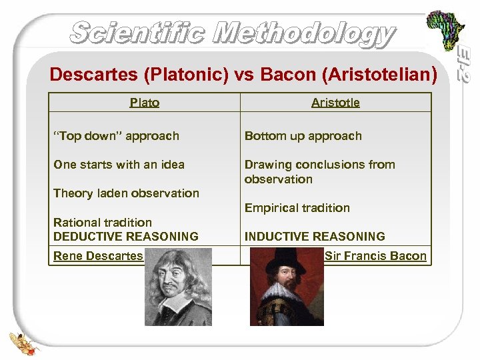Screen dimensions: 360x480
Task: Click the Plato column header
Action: [144, 102]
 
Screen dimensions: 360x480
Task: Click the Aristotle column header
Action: [335, 102]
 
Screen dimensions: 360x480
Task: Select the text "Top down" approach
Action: [116, 136]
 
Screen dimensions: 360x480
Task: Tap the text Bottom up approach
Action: [303, 136]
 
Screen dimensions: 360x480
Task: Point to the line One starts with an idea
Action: [119, 165]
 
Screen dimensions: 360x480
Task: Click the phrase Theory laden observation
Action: [126, 193]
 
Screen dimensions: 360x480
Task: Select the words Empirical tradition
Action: [297, 208]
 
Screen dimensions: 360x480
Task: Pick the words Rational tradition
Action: [102, 223]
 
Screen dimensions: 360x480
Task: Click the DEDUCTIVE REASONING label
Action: [125, 237]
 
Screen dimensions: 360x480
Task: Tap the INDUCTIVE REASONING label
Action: [315, 237]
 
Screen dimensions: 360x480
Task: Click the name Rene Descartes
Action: [97, 256]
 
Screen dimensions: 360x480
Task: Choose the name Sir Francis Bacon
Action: [375, 256]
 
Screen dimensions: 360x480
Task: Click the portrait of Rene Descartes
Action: [178, 287]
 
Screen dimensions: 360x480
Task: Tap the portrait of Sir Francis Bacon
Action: [287, 287]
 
